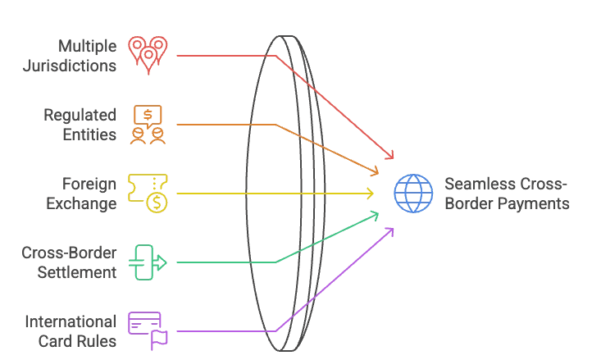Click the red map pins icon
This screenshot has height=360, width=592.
click(x=148, y=54)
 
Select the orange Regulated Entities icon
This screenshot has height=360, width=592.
click(x=148, y=124)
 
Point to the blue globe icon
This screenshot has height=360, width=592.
click(x=413, y=194)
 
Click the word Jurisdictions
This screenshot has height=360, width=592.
click(x=69, y=66)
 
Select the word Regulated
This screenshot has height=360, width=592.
click(x=80, y=115)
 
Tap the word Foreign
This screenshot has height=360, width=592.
click(x=90, y=184)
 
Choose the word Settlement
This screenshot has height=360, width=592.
click(x=77, y=272)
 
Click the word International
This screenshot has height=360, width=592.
click(x=70, y=321)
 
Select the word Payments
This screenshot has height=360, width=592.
click(x=533, y=203)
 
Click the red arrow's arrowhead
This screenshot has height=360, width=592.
click(x=391, y=156)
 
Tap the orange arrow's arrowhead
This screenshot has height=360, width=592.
click(x=376, y=172)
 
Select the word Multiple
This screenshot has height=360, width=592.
click(x=88, y=46)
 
